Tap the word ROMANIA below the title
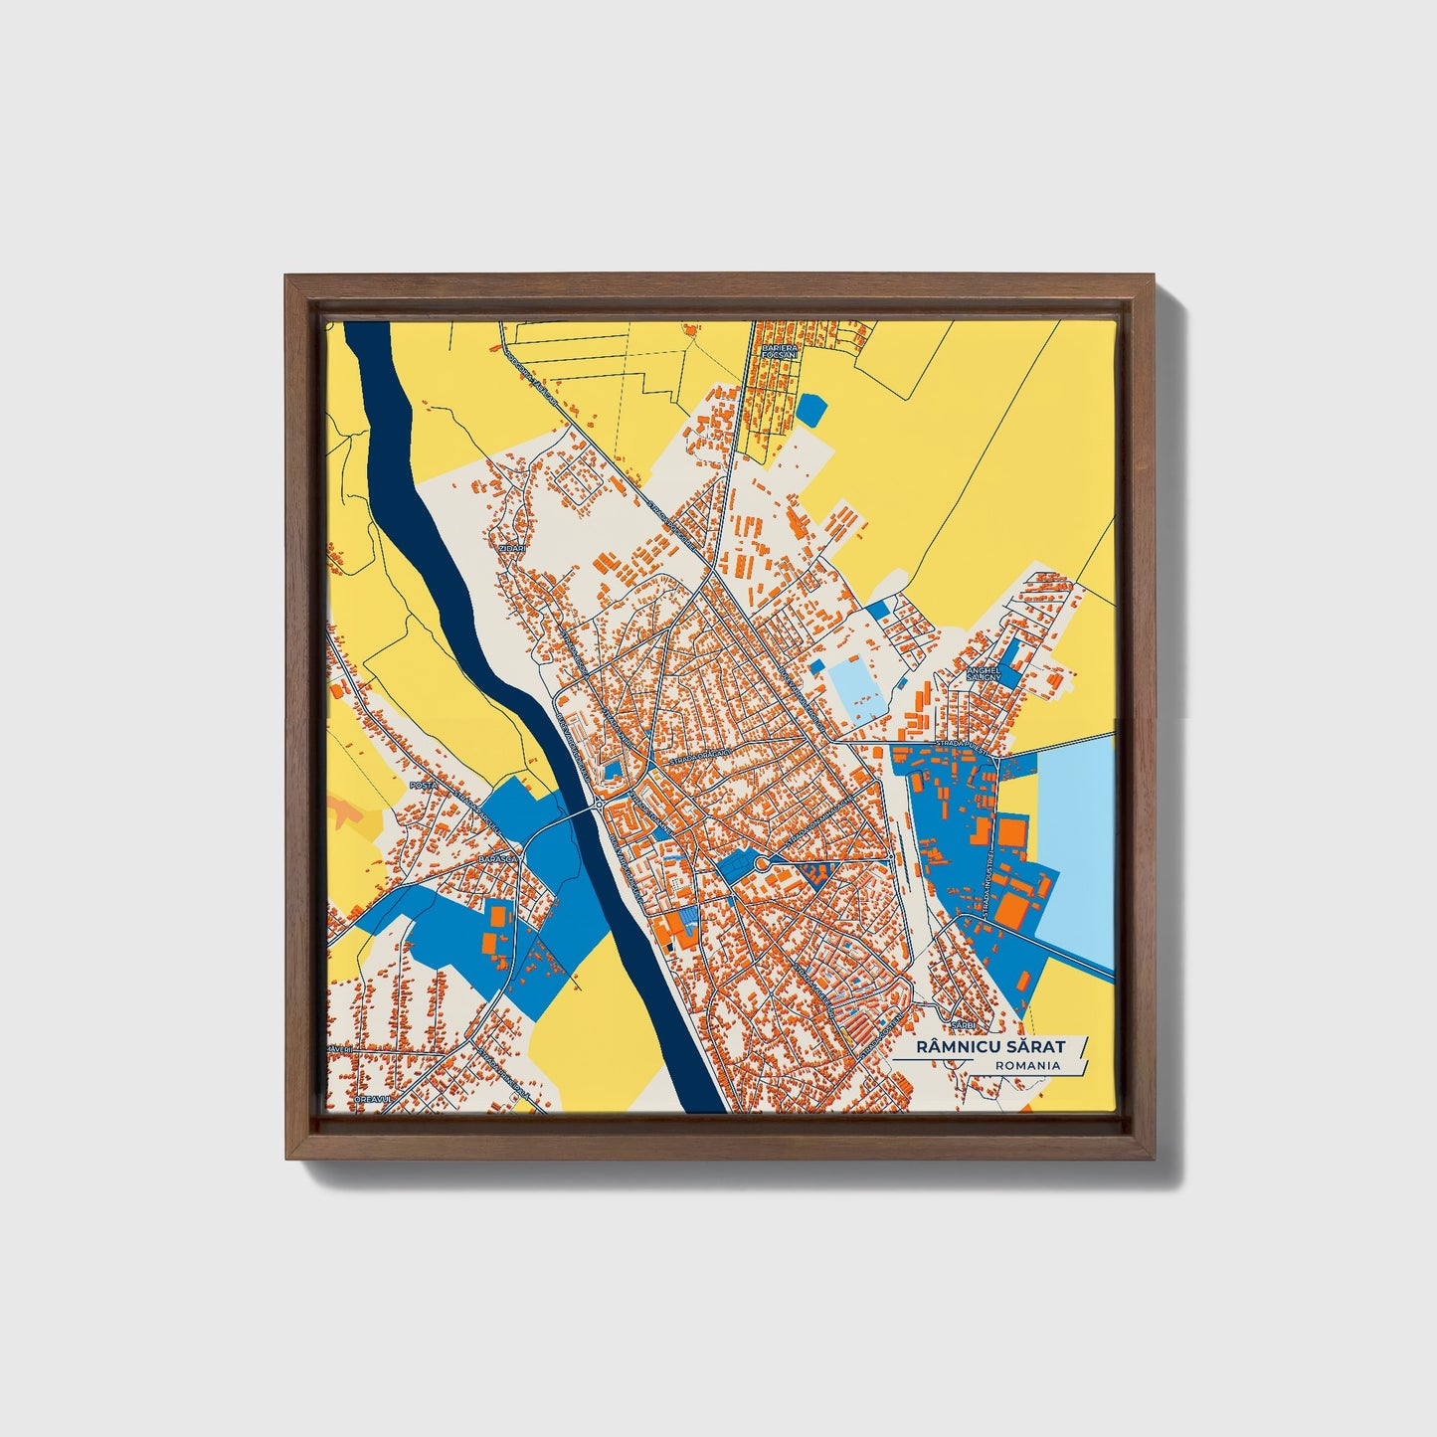coord(1026,1065)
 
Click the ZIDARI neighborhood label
coord(512,547)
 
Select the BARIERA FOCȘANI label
coord(776,348)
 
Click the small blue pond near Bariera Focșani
coord(811,408)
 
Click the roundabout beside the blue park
coord(762,863)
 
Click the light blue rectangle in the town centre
coord(858,687)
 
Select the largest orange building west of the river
coord(492,941)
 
